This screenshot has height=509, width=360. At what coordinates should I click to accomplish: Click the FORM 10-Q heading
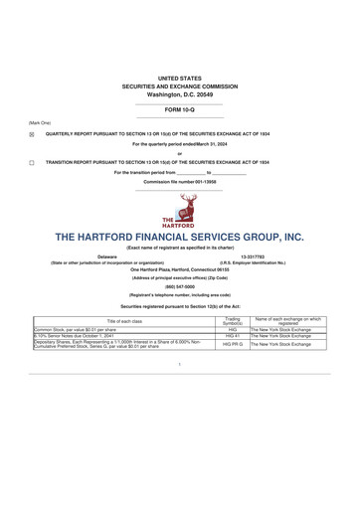click(x=179, y=108)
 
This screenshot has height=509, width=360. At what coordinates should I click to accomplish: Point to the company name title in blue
click(x=179, y=238)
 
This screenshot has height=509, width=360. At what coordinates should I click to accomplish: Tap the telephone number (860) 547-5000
click(x=179, y=285)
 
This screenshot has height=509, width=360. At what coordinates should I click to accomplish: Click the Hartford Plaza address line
click(x=179, y=268)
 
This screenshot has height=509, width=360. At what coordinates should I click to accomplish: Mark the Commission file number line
click(x=179, y=182)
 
